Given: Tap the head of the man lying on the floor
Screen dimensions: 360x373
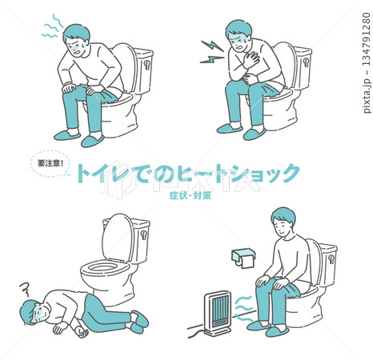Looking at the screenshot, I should coord(34,310).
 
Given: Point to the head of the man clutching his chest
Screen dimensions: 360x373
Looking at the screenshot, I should coord(239,35).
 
